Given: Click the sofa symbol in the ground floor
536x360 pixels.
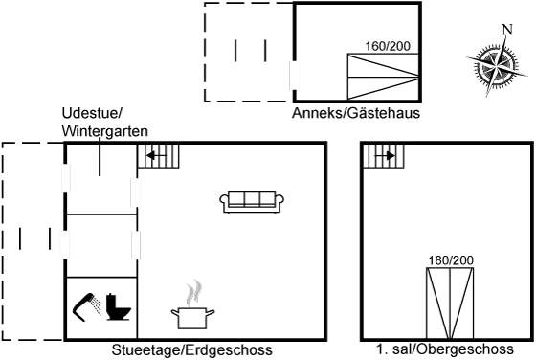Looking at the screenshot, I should click(253, 201).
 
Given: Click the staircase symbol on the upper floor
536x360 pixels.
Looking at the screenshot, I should click(384, 157).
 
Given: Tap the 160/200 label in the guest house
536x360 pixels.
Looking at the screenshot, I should click(387, 45).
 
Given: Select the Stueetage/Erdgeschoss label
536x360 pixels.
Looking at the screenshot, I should click(192, 350).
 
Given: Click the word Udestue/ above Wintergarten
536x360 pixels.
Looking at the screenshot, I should click(85, 113).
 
